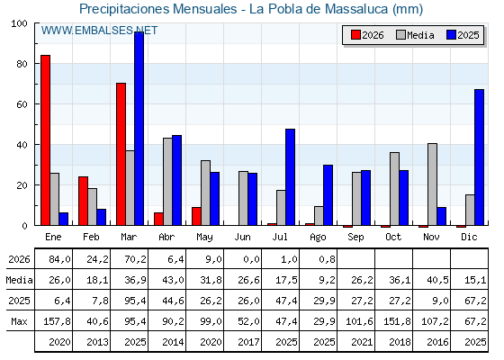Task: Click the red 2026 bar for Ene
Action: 45,140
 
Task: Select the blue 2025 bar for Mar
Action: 139,129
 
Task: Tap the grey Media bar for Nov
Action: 432,184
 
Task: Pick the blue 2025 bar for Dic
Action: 479,157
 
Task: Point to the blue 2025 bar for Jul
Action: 290,177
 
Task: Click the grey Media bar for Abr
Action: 167,182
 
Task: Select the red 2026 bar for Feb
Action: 83,201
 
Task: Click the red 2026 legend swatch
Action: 355,35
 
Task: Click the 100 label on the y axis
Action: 19,23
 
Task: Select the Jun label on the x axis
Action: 242,237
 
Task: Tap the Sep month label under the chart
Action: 355,238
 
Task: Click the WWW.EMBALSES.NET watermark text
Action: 99,31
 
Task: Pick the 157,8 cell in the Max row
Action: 57,321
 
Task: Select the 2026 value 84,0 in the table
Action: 59,259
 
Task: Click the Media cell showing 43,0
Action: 173,280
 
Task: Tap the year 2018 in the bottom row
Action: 400,342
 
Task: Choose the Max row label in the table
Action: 19,321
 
